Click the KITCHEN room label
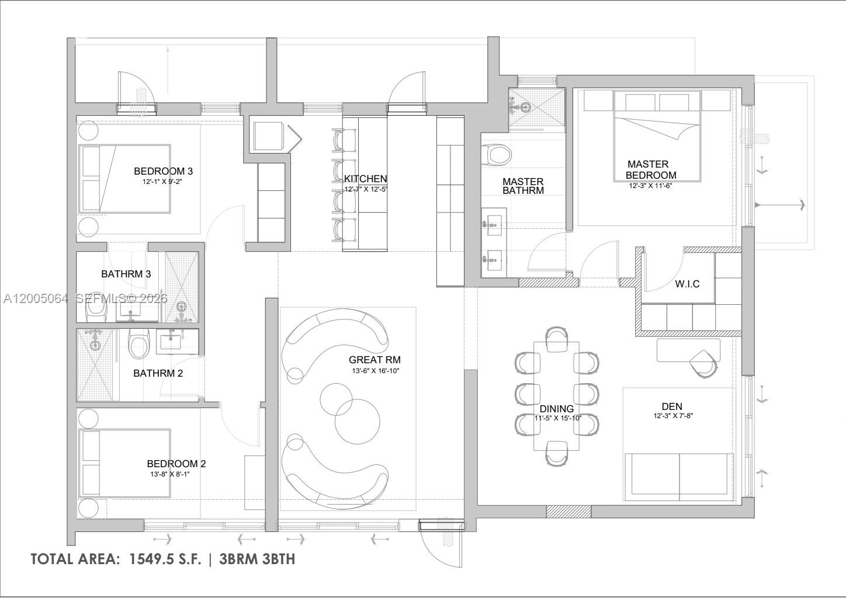coord(365,179)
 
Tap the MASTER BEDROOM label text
coord(650,170)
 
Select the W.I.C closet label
coord(687,284)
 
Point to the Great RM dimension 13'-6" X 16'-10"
coord(375,371)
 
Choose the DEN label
coord(672,406)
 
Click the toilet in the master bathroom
coord(498,155)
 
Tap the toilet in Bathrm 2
coord(138,345)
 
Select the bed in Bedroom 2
coord(125,464)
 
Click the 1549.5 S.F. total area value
coord(162,559)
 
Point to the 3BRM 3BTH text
coord(257,559)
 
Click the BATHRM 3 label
coord(126,274)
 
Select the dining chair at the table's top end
coord(557,339)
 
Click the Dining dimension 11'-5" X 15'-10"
coord(558,418)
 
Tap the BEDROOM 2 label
coord(176,464)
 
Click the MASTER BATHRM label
coord(523,186)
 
